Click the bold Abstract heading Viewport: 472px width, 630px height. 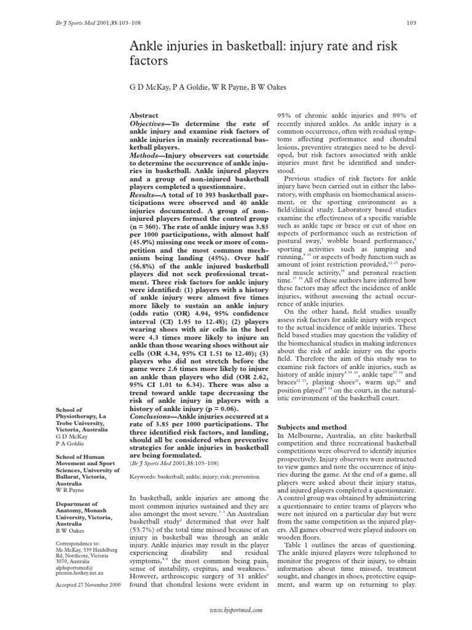[144, 115]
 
